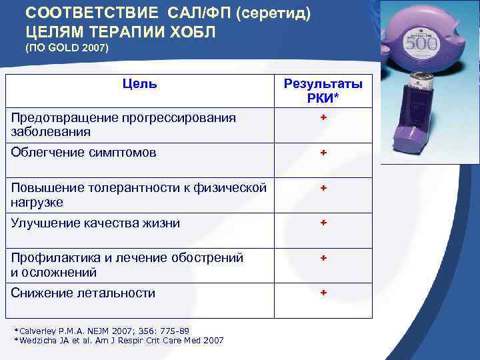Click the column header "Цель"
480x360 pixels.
(140, 84)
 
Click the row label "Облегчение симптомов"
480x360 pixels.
(84, 153)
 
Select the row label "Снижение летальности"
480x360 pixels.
(83, 293)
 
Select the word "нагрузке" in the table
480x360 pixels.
(37, 202)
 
